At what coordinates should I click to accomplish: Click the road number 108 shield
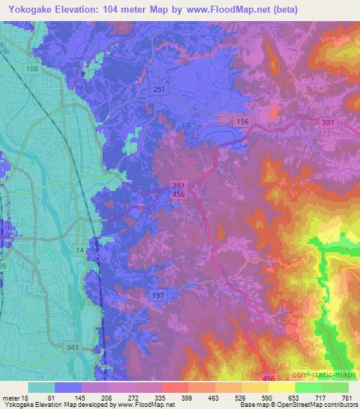coord(32,70)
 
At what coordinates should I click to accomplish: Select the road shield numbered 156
coord(243,122)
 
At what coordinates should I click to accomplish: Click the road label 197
coord(157,296)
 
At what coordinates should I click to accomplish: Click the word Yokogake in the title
coord(33,10)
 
